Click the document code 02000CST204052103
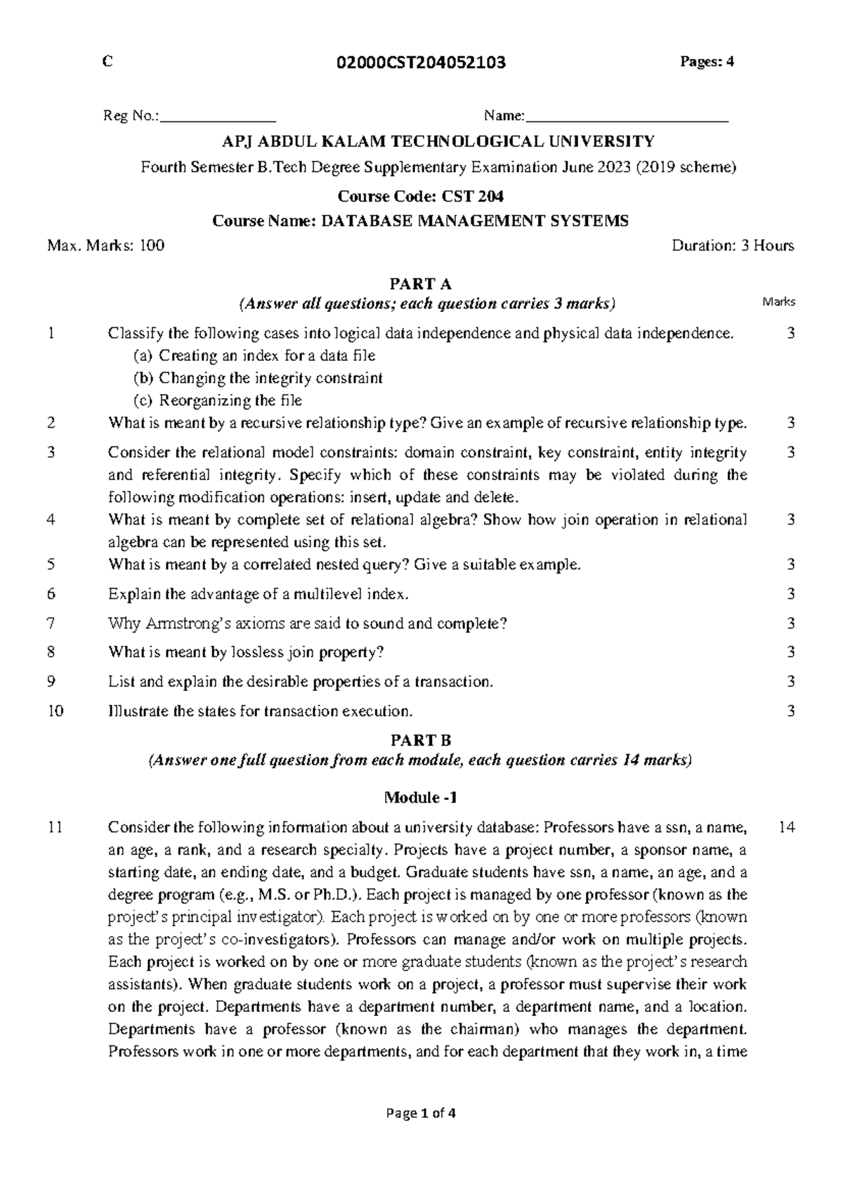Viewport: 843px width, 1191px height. click(421, 63)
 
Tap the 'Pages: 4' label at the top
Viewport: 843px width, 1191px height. click(706, 62)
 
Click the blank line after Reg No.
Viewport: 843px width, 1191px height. click(218, 118)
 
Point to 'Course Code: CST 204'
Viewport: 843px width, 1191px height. click(421, 196)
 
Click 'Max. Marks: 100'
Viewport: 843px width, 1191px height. click(105, 246)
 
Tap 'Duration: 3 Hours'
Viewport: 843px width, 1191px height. click(733, 246)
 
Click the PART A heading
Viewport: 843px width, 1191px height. click(420, 284)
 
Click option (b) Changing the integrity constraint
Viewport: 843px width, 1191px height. click(258, 379)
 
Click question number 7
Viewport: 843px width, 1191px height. click(51, 624)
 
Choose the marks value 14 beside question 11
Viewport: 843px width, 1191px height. click(787, 828)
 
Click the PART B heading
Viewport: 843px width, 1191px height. click(420, 741)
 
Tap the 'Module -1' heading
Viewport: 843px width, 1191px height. click(420, 798)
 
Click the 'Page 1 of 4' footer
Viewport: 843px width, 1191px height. click(421, 1113)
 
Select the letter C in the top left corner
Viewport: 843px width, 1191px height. click(107, 62)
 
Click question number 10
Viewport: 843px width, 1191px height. click(55, 711)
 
